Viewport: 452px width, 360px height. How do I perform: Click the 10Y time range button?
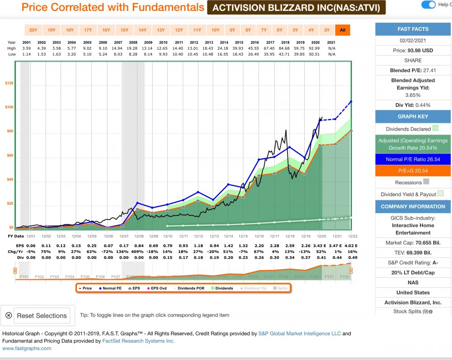tap(215, 30)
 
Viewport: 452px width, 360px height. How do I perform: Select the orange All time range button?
tap(343, 30)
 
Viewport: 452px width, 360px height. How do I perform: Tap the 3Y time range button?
tap(327, 30)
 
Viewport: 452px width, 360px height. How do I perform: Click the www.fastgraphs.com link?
tap(27, 348)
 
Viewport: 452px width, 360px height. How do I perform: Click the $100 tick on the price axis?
tap(9, 108)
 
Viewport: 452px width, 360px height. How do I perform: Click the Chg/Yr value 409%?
tap(138, 251)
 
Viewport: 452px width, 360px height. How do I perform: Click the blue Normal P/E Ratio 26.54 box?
tap(413, 159)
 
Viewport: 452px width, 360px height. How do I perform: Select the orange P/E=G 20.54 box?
tap(413, 171)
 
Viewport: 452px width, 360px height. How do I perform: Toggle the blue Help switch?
tap(428, 5)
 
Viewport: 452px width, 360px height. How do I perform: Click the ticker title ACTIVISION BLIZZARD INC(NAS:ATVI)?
tap(297, 8)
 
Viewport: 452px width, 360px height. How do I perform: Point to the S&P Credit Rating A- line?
tap(413, 262)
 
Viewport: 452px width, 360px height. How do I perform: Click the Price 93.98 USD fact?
tap(413, 51)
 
